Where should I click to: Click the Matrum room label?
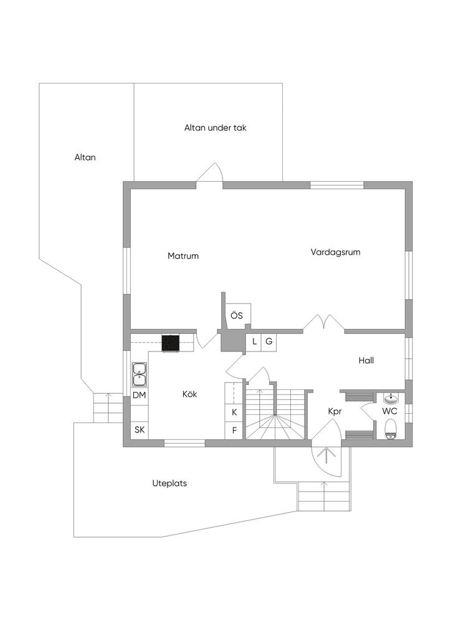point(183,255)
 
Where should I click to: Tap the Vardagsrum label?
point(336,252)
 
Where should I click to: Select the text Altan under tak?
point(216,128)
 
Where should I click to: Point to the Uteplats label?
point(169,483)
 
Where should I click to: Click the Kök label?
point(189,394)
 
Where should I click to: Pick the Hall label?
point(366,360)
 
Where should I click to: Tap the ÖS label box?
point(237,315)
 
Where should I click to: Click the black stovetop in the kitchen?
point(170,343)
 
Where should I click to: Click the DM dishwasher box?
point(140,396)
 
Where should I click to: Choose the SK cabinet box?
point(140,430)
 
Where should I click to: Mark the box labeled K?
point(234,412)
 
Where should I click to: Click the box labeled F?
point(234,430)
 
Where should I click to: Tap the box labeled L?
point(254,341)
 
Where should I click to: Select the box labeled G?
point(269,341)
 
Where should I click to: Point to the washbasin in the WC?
point(391,398)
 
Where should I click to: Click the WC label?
point(390,411)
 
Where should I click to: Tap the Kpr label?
point(335,411)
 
